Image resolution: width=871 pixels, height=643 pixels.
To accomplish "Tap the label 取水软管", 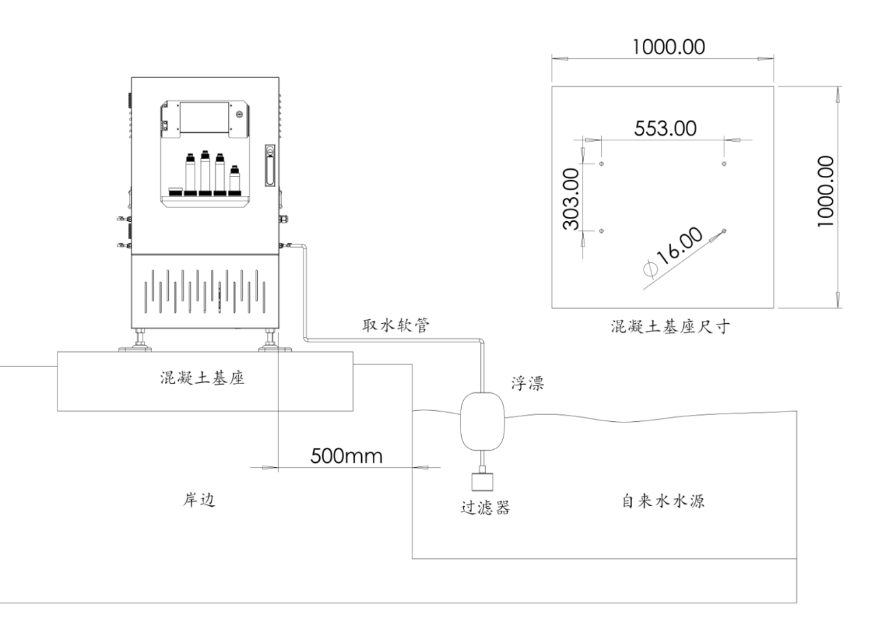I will pyautogui.click(x=395, y=326).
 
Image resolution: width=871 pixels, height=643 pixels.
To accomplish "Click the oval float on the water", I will pyautogui.click(x=483, y=420).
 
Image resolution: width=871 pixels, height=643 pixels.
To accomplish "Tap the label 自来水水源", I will pyautogui.click(x=663, y=501).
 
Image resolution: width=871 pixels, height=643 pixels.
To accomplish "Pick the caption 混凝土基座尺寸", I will pyautogui.click(x=669, y=327).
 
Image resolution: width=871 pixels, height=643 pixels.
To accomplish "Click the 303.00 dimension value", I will pyautogui.click(x=571, y=199).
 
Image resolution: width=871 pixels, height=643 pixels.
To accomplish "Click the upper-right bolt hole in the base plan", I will pyautogui.click(x=725, y=164).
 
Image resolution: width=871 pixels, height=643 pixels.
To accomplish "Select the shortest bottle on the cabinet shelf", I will pyautogui.click(x=235, y=180).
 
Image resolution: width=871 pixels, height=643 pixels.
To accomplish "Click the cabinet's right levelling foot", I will pyautogui.click(x=269, y=340).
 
